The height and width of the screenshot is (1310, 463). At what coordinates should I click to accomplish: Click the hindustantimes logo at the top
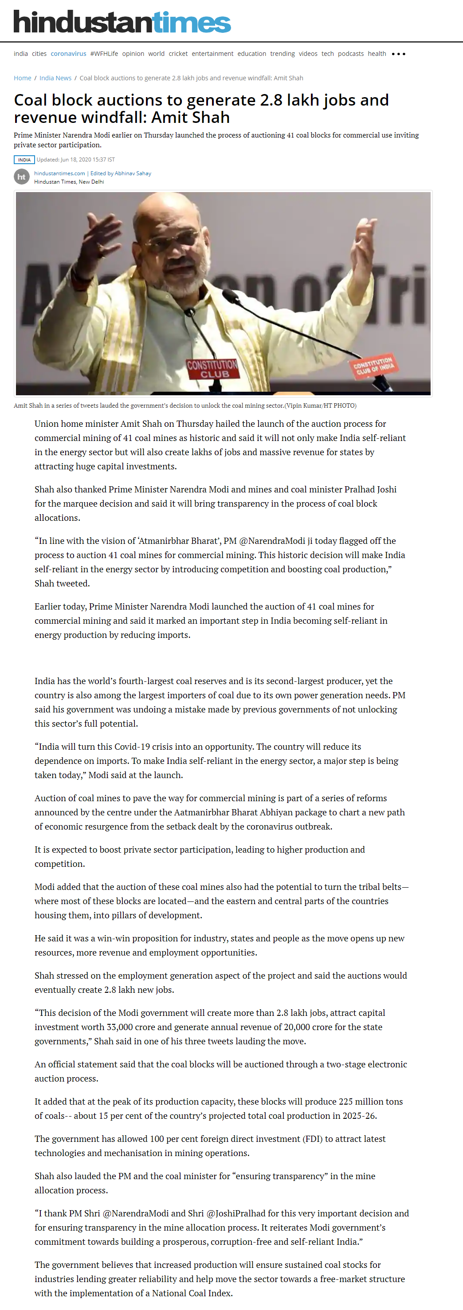pyautogui.click(x=122, y=22)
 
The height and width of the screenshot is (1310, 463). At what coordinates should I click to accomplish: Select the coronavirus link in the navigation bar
pyautogui.click(x=68, y=53)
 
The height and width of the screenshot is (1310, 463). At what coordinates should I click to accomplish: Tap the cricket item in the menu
pyautogui.click(x=178, y=53)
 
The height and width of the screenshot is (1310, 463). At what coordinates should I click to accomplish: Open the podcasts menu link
pyautogui.click(x=351, y=53)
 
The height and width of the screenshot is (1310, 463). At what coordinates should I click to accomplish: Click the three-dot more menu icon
pyautogui.click(x=398, y=54)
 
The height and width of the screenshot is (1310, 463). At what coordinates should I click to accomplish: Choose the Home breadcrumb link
pyautogui.click(x=22, y=78)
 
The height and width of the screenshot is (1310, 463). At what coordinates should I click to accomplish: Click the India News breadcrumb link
pyautogui.click(x=55, y=78)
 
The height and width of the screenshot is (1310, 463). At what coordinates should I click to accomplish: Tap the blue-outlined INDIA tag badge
pyautogui.click(x=24, y=160)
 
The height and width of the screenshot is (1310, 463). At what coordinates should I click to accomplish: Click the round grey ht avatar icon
pyautogui.click(x=21, y=177)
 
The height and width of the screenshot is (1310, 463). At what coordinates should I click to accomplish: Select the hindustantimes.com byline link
pyautogui.click(x=59, y=173)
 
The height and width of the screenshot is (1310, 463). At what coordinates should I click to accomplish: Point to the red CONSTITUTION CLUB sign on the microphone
pyautogui.click(x=212, y=369)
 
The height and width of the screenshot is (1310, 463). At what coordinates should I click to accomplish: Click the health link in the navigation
pyautogui.click(x=377, y=53)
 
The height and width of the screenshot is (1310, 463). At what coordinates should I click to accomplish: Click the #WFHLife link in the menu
pyautogui.click(x=104, y=53)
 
